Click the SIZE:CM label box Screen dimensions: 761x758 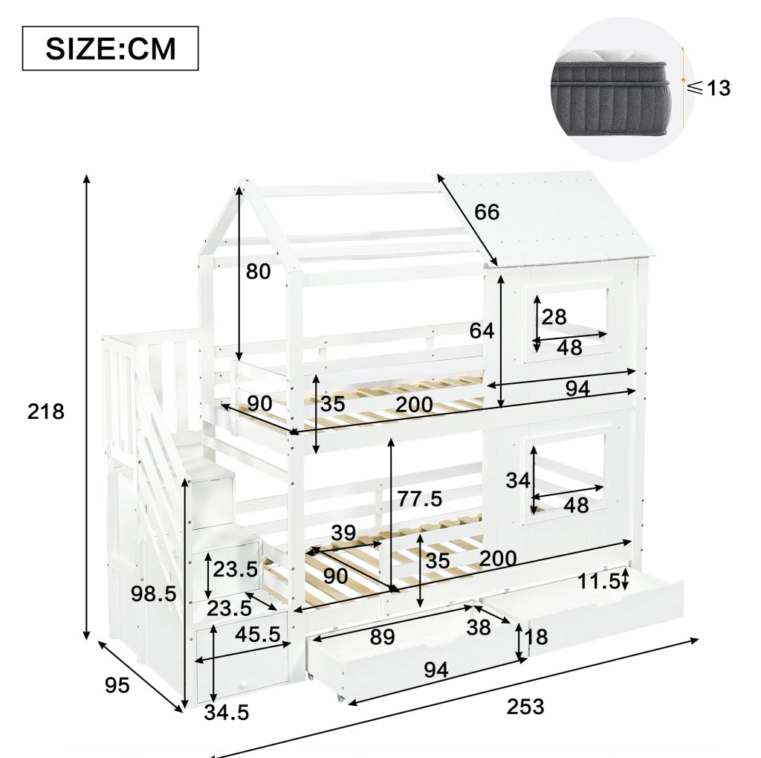110,48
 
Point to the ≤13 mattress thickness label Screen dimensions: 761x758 709,88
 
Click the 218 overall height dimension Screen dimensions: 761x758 45,411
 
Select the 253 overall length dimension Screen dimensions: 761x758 525,707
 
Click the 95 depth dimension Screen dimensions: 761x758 117,685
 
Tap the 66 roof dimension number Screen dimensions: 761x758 487,212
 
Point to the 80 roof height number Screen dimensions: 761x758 258,271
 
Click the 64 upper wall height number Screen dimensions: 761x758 482,331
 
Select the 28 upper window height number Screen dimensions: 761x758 554,318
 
